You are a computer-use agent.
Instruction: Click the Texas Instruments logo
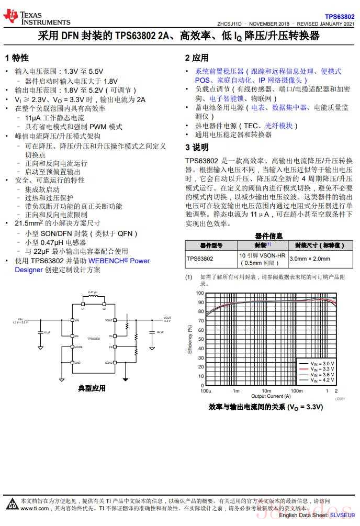click(x=37, y=17)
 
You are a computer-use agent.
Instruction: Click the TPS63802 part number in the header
click(x=340, y=17)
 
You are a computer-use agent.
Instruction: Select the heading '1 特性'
click(x=17, y=58)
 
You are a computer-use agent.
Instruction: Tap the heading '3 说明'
click(x=197, y=148)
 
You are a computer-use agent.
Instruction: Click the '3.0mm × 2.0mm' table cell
click(x=310, y=259)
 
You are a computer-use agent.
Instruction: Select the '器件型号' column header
click(x=211, y=245)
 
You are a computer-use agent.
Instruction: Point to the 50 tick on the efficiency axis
click(x=200, y=339)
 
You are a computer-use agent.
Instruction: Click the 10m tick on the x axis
click(x=266, y=391)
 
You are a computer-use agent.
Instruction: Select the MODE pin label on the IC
click(x=78, y=346)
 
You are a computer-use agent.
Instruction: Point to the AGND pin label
click(x=109, y=362)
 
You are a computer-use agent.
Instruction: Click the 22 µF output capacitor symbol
click(x=151, y=332)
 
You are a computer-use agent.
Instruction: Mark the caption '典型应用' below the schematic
click(x=92, y=388)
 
